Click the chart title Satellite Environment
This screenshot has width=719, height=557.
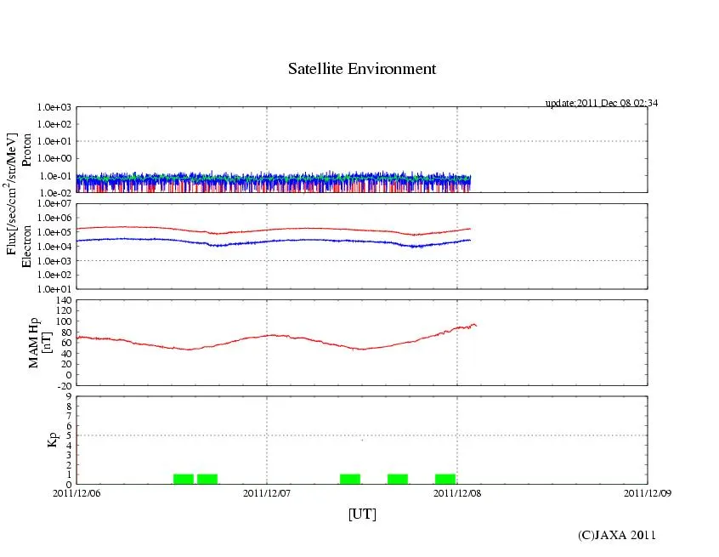click(362, 69)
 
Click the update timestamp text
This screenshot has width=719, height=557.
click(602, 103)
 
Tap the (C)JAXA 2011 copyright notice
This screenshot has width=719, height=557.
click(617, 534)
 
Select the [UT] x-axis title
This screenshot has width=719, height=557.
click(362, 514)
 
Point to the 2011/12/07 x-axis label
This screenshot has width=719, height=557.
click(267, 492)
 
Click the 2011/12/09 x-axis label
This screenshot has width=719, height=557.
click(648, 492)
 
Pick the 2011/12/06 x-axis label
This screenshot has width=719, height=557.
click(76, 492)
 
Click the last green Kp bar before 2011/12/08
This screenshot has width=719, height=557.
click(444, 479)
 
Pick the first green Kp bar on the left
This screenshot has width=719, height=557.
click(184, 479)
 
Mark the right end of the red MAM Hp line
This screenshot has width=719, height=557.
click(476, 325)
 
